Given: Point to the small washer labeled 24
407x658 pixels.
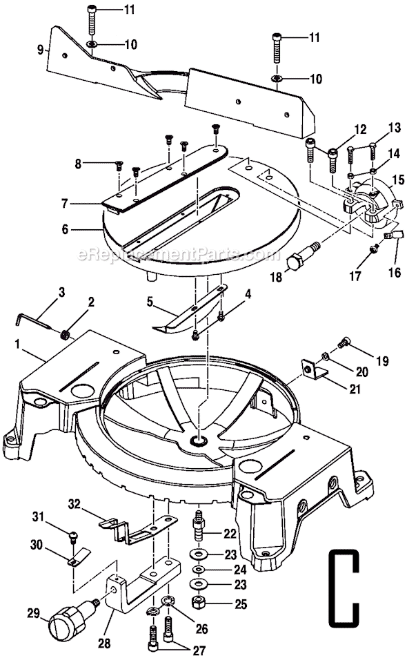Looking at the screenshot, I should [198, 570].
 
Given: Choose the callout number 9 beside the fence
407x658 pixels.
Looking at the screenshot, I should [41, 49].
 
